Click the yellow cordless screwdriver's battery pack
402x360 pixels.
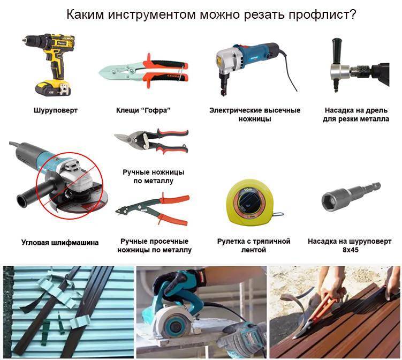click(x=53, y=88)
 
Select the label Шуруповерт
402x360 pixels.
click(x=56, y=110)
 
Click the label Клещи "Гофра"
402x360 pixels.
click(x=143, y=110)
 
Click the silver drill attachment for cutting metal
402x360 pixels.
click(x=340, y=73)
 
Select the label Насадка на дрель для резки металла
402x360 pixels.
click(x=356, y=115)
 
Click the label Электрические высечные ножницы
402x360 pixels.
click(x=255, y=115)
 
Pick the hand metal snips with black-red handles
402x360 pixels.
click(x=152, y=140)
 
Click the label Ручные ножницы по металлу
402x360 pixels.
click(x=153, y=176)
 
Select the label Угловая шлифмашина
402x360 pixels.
click(x=60, y=243)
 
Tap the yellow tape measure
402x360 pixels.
click(x=249, y=202)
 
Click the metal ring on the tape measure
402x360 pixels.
click(x=278, y=214)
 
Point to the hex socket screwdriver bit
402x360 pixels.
click(x=351, y=196)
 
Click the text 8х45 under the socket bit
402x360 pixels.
click(x=350, y=250)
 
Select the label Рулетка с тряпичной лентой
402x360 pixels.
click(x=254, y=245)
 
